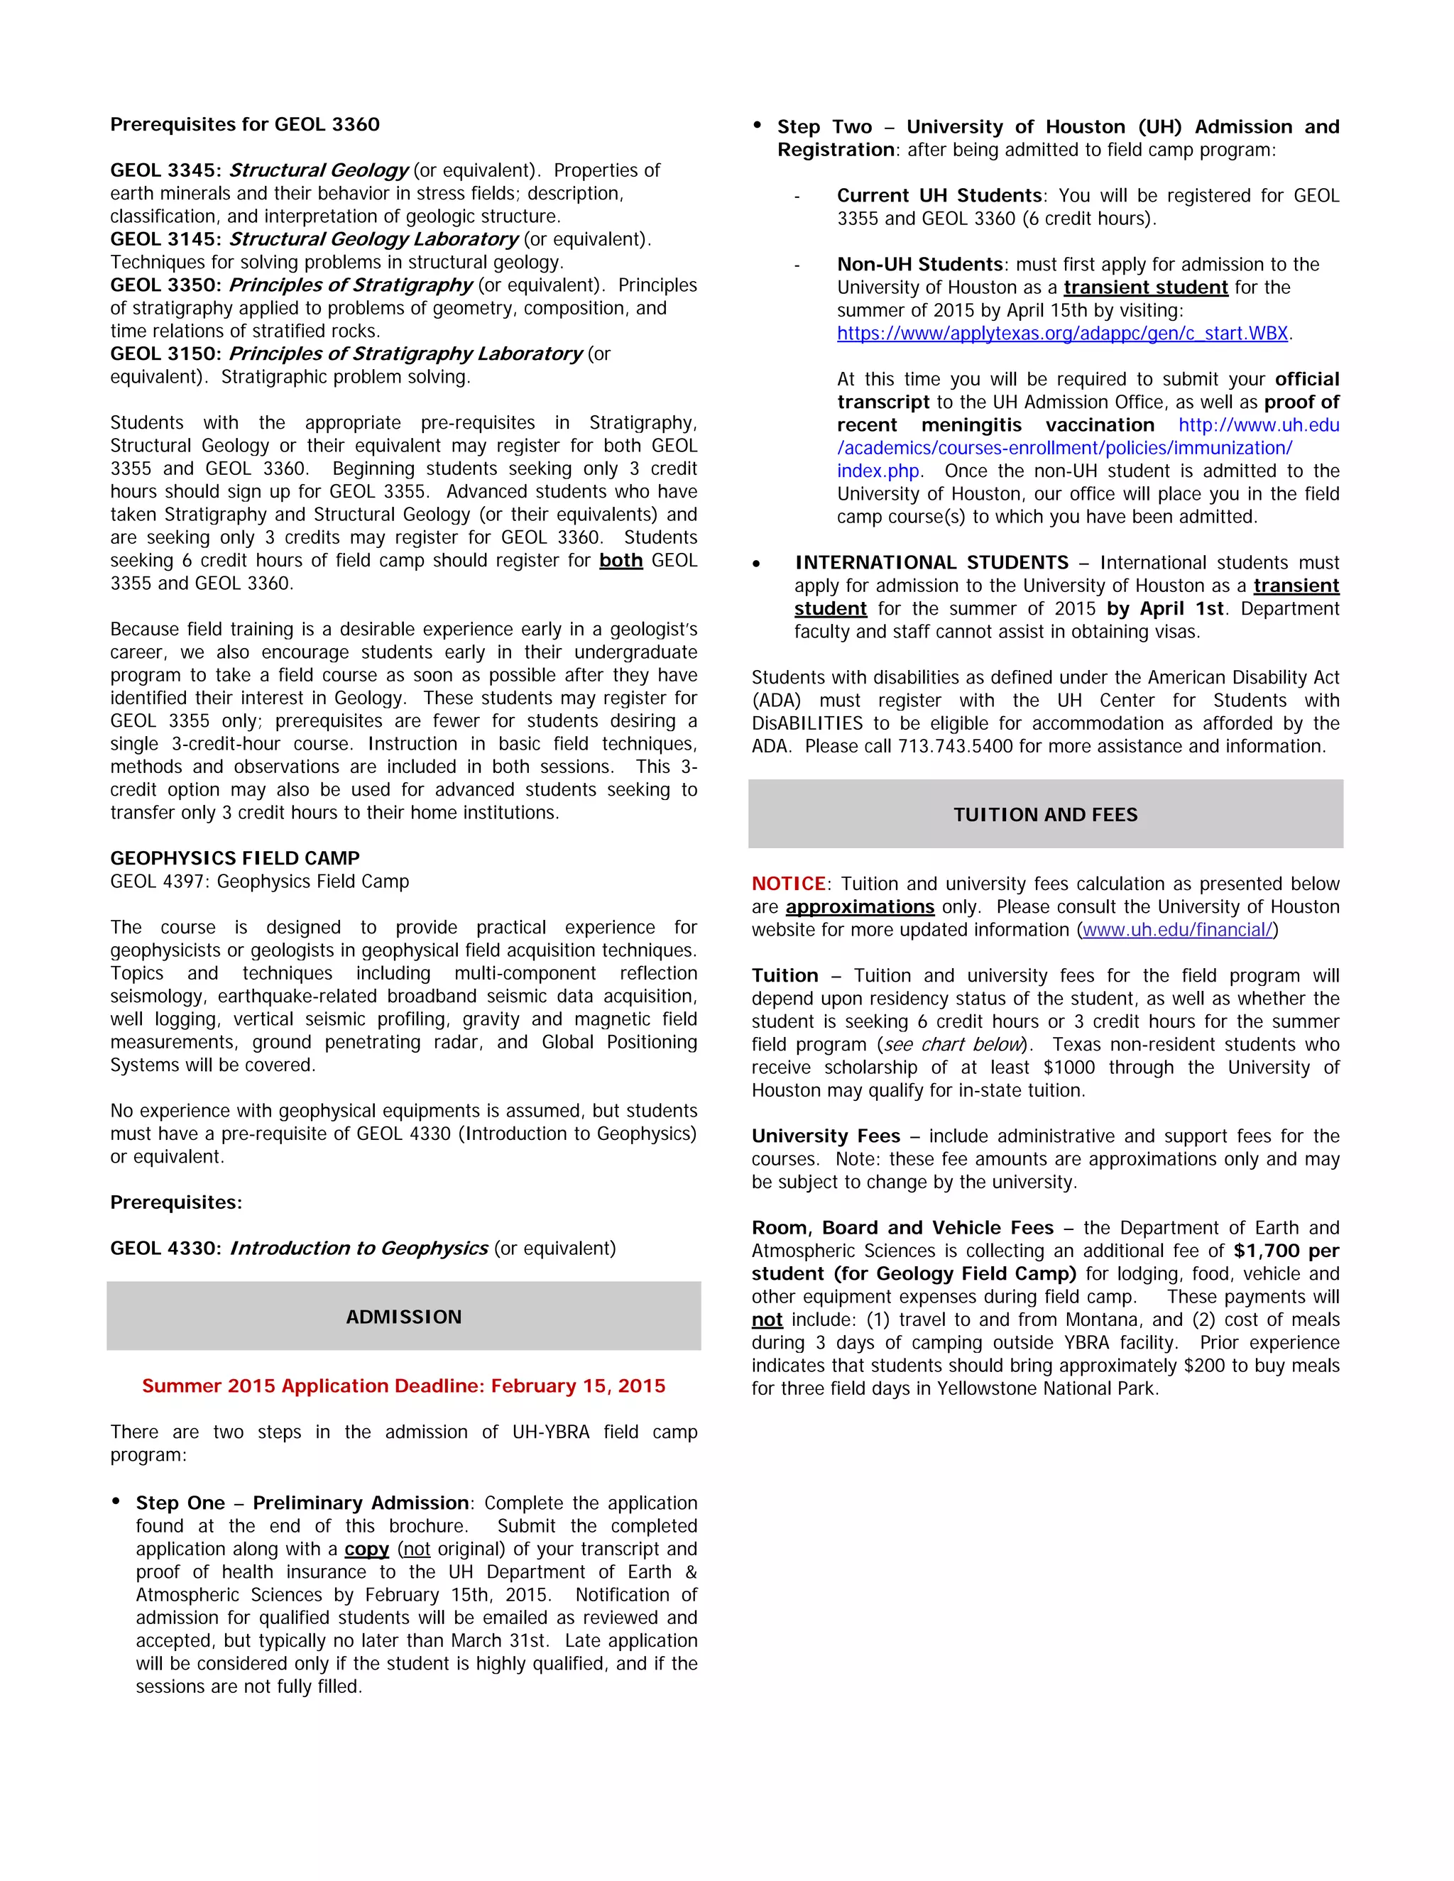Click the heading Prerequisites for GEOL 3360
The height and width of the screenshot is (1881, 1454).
click(x=245, y=124)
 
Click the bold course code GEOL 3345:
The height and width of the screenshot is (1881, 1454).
click(x=165, y=170)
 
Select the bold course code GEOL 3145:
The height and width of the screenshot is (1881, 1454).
click(x=165, y=239)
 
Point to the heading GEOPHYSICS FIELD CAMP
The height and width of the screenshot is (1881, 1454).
click(x=234, y=858)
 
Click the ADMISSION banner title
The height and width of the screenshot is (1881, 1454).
click(x=403, y=1317)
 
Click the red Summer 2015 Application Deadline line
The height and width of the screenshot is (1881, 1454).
click(x=403, y=1386)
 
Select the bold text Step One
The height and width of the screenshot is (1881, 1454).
click(x=180, y=1503)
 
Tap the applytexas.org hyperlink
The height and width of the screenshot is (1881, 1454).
click(x=1062, y=334)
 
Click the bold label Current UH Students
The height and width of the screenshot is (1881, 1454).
click(x=939, y=195)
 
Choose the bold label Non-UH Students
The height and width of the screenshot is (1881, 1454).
click(x=920, y=265)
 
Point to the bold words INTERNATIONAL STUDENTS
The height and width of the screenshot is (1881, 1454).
click(x=931, y=562)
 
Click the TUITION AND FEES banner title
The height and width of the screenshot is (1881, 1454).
click(x=1045, y=815)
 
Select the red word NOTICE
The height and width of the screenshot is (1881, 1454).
click(x=788, y=884)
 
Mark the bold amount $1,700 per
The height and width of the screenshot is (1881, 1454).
click(x=1285, y=1251)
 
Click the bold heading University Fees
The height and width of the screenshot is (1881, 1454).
click(x=825, y=1136)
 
